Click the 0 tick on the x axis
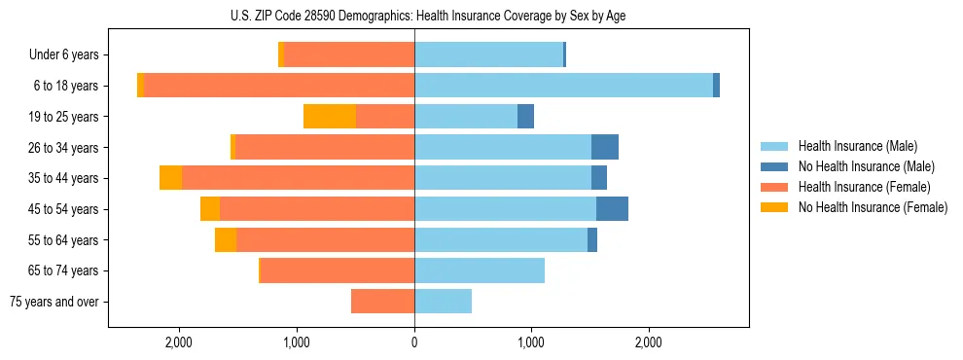click(x=414, y=342)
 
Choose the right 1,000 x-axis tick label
click(x=531, y=342)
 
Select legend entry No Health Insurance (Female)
click(x=873, y=207)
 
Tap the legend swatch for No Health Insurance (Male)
click(x=774, y=166)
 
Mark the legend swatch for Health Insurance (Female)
click(x=774, y=187)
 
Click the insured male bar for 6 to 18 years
click(x=563, y=86)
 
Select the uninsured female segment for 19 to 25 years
click(x=330, y=117)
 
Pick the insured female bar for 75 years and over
click(x=382, y=302)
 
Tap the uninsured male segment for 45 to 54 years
click(x=612, y=209)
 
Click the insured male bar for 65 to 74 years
click(x=480, y=270)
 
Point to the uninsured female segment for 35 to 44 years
click(x=170, y=178)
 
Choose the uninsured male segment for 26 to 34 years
click(x=605, y=147)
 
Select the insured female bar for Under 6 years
click(x=349, y=55)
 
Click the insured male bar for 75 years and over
click(x=443, y=302)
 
